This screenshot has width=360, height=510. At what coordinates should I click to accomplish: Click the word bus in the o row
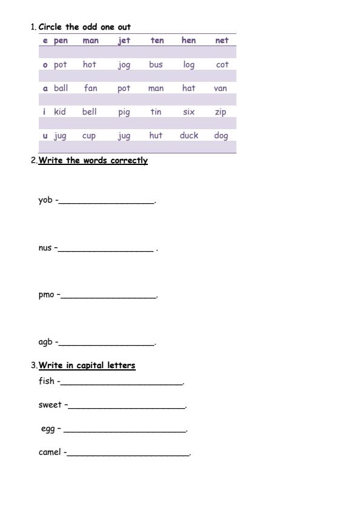(156, 64)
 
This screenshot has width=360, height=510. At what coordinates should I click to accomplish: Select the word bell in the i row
(89, 112)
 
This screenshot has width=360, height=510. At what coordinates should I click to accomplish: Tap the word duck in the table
(188, 135)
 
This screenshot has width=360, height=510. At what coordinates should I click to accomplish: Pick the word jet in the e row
(124, 41)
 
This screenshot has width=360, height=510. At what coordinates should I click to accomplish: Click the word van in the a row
(221, 88)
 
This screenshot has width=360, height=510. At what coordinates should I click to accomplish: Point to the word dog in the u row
(221, 135)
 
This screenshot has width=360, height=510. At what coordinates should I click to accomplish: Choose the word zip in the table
(221, 112)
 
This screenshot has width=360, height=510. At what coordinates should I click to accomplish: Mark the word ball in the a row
(61, 88)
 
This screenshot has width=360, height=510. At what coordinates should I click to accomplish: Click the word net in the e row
(222, 41)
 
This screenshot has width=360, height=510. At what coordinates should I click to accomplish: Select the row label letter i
(44, 112)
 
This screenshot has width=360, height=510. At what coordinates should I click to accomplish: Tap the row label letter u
(45, 135)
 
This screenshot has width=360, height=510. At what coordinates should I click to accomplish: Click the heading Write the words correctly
(93, 161)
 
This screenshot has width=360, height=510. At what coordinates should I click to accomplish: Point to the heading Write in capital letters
(87, 366)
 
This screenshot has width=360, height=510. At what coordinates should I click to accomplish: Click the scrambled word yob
(45, 201)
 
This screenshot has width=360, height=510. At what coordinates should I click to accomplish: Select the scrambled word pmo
(47, 295)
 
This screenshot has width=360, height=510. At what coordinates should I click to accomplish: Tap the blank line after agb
(107, 344)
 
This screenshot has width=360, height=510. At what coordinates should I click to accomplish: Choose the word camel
(50, 452)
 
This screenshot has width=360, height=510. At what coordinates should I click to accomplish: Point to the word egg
(48, 429)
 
